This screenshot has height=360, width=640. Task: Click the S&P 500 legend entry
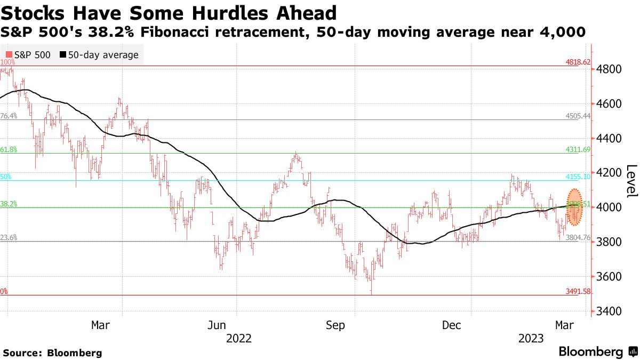(x=28, y=54)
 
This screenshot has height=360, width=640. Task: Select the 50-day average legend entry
(x=99, y=54)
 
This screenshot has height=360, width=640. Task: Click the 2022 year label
(x=238, y=338)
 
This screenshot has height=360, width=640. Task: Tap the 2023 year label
(x=531, y=338)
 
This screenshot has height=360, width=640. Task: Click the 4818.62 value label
(x=578, y=62)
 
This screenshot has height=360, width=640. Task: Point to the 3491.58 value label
(x=578, y=292)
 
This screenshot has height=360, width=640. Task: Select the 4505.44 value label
(x=578, y=116)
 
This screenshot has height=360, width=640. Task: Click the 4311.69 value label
(x=578, y=150)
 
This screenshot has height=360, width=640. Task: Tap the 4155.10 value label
(x=578, y=177)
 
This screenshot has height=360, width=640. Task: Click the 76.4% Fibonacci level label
(x=9, y=116)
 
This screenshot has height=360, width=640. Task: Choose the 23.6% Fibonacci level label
(x=9, y=238)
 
